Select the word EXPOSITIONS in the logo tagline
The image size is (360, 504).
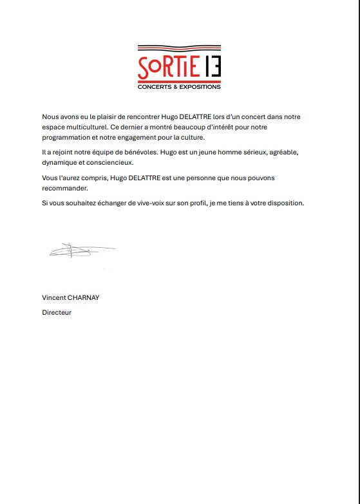(199, 86)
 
